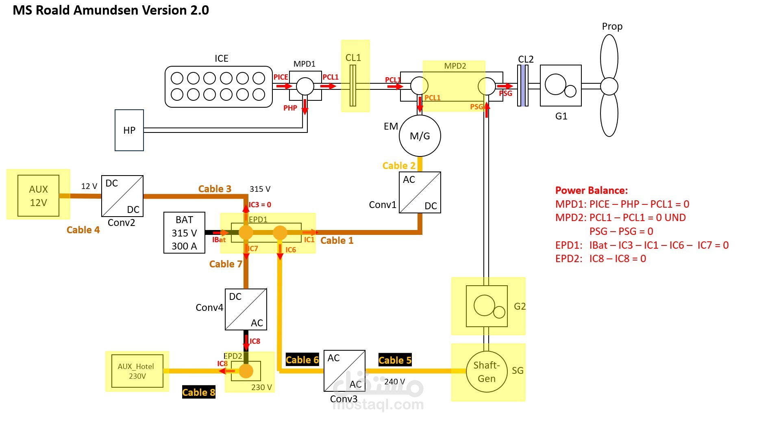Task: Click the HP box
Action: pos(129,130)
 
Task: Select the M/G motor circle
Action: pos(420,136)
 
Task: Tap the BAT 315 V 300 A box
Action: pos(184,232)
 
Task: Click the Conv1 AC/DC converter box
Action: pos(420,192)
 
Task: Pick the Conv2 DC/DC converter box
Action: pos(122,196)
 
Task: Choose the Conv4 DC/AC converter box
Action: pos(246,309)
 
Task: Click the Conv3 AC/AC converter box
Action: pos(344,371)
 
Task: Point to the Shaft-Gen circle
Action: pos(487,371)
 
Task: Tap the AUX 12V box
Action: pos(39,195)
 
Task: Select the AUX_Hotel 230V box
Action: pos(137,371)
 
